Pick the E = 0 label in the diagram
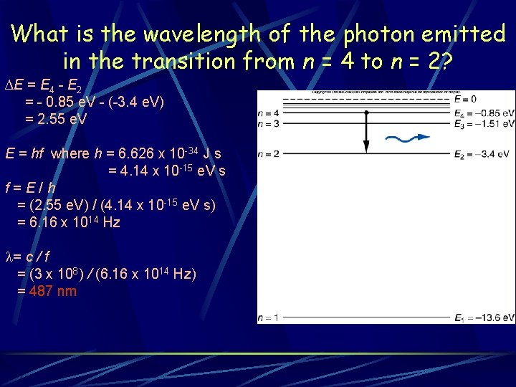click(465, 99)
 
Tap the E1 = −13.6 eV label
click(484, 317)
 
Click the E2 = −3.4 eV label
click(482, 154)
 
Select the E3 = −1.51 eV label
click(484, 124)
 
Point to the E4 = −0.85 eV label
click(484, 113)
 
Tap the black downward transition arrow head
click(365, 147)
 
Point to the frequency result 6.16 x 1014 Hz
click(68, 222)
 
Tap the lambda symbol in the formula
click(9, 257)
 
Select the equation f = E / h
click(30, 189)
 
